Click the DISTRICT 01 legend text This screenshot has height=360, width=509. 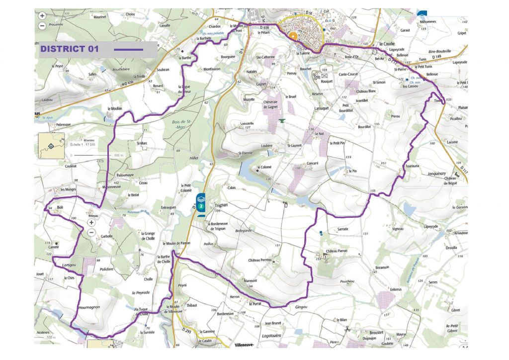[x=70, y=49]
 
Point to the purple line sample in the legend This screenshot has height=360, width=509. [x=128, y=50]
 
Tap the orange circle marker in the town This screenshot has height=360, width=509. [x=293, y=36]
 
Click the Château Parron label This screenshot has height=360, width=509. [x=337, y=251]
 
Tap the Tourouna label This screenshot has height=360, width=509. [x=413, y=166]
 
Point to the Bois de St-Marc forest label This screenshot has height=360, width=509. [x=181, y=124]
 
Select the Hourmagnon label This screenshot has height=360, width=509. [x=89, y=307]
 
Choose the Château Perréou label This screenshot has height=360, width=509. [x=259, y=260]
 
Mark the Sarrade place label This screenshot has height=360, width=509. [x=342, y=229]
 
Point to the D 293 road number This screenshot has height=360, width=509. [x=186, y=330]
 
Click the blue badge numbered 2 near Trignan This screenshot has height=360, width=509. [x=201, y=205]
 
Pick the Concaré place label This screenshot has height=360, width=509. [x=312, y=163]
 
